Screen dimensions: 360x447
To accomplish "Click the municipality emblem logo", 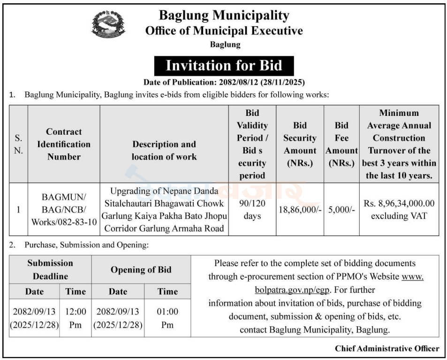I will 109,24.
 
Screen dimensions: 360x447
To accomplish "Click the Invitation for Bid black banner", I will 224,66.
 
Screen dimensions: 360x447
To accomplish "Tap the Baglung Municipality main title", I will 224,15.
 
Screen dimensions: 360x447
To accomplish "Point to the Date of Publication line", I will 224,83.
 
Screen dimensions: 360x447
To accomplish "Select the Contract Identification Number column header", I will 64,144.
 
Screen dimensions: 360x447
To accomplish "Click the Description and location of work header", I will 164,150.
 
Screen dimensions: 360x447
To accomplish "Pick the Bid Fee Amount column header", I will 341,144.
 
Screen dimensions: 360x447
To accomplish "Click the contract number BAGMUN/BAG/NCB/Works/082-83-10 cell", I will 64,209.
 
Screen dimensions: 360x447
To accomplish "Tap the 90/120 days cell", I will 252,209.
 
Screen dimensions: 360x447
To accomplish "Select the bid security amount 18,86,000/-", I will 300,209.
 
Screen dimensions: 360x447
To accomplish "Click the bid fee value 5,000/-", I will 341,209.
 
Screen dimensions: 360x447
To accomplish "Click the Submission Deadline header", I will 50,269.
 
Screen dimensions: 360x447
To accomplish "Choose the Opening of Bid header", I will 141,270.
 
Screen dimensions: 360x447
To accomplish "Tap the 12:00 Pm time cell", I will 76,318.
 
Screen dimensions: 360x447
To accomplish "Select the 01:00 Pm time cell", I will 167,318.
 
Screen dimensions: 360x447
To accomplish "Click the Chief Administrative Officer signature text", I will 387,348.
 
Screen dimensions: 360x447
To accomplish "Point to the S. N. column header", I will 18,144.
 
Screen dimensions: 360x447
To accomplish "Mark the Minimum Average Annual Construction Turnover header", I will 399,144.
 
